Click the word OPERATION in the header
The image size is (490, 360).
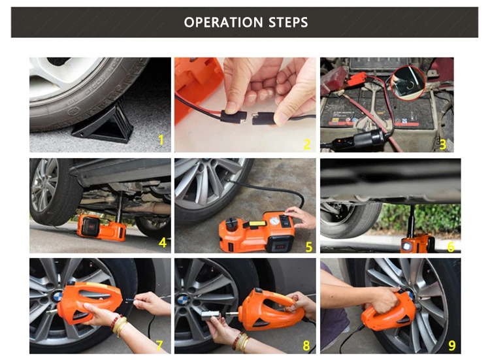pos(223,22)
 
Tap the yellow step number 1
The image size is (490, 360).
pos(161,140)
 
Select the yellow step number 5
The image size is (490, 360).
pos(309,247)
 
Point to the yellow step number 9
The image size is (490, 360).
pos(452,346)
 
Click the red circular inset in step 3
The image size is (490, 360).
pos(408,82)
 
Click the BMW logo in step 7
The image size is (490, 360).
pos(58,295)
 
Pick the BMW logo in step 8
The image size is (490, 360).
pos(182,301)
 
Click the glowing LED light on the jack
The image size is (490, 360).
pos(406,246)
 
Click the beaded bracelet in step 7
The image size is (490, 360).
pos(116,322)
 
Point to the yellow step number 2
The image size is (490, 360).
pos(307,144)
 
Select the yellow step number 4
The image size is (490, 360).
pos(163,242)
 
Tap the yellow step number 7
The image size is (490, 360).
pos(159,346)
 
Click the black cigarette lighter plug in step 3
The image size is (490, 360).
pos(368,139)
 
